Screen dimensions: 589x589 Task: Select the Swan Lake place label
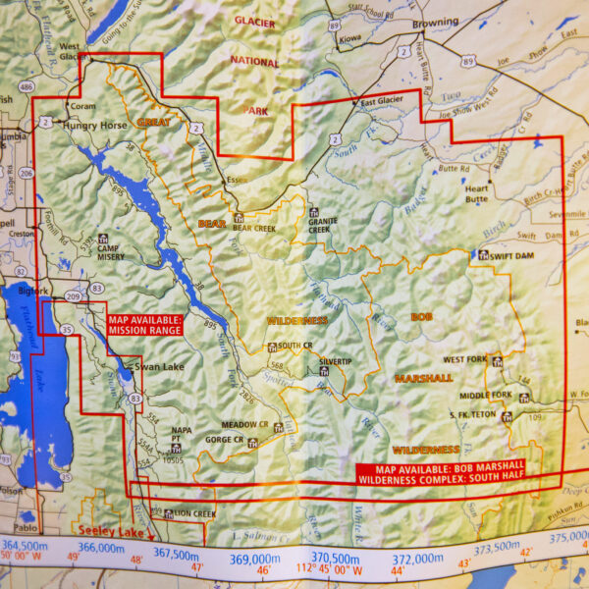(159, 366)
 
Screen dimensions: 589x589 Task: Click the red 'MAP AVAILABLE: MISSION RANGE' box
(144, 325)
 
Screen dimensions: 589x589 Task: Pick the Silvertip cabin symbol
(323, 361)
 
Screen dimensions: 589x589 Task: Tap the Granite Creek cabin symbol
(314, 212)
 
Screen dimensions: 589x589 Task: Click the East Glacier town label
(383, 102)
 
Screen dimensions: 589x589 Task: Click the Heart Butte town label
(476, 192)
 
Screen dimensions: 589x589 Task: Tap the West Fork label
(465, 360)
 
